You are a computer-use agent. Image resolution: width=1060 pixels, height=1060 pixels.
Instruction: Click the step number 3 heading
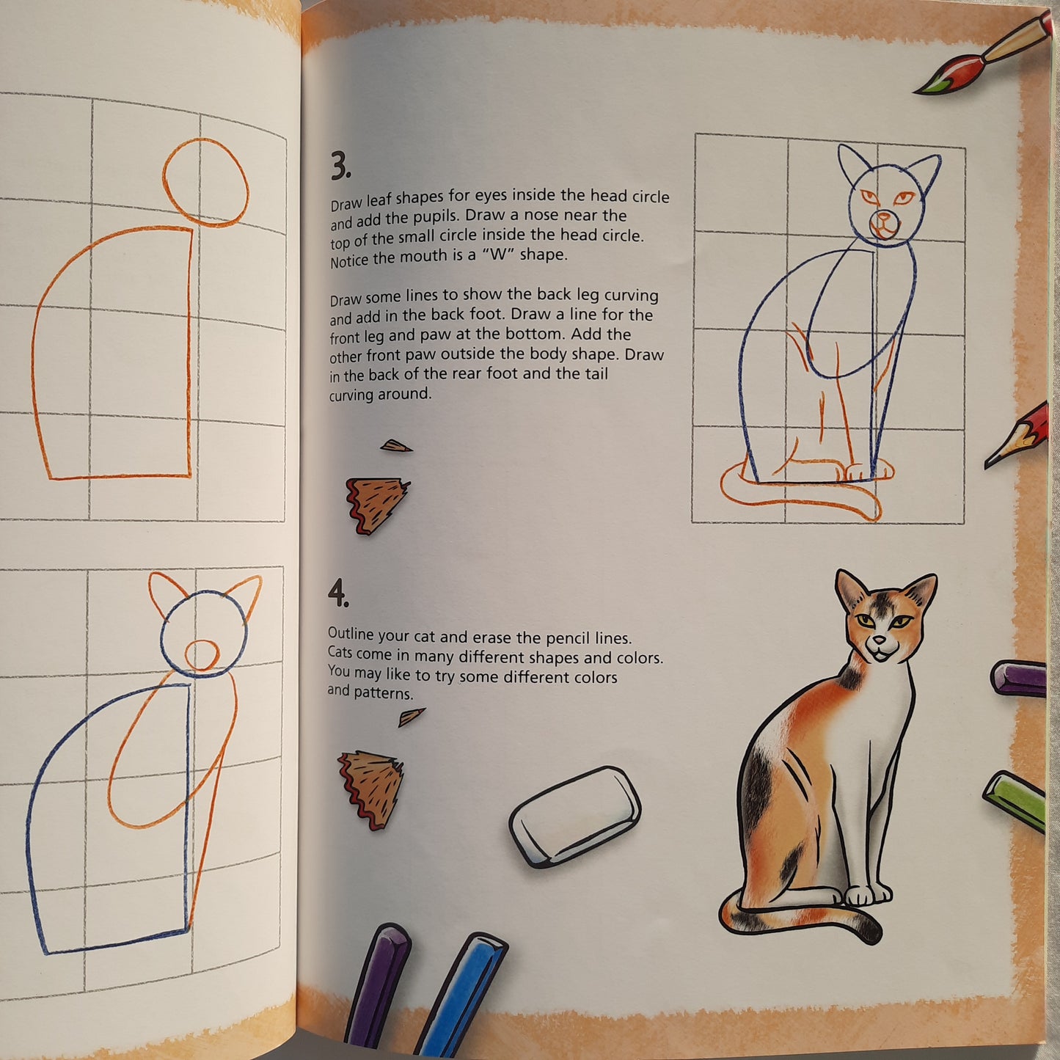point(340,166)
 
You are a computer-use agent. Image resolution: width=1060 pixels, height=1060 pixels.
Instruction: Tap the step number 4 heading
point(337,593)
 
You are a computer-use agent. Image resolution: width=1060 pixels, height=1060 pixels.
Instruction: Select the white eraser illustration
point(575,816)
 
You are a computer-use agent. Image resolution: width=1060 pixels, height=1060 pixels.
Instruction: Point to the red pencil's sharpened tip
point(989,464)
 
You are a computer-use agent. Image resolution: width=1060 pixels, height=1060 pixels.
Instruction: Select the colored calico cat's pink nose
point(880,640)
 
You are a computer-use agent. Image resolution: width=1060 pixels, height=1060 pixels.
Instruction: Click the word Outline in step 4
point(351,634)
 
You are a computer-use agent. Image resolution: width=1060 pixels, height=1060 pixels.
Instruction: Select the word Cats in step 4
point(340,652)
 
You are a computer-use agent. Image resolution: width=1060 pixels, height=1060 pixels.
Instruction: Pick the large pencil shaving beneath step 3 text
point(376,505)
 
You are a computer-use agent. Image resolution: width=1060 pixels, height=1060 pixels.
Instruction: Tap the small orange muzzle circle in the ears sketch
point(202,654)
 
